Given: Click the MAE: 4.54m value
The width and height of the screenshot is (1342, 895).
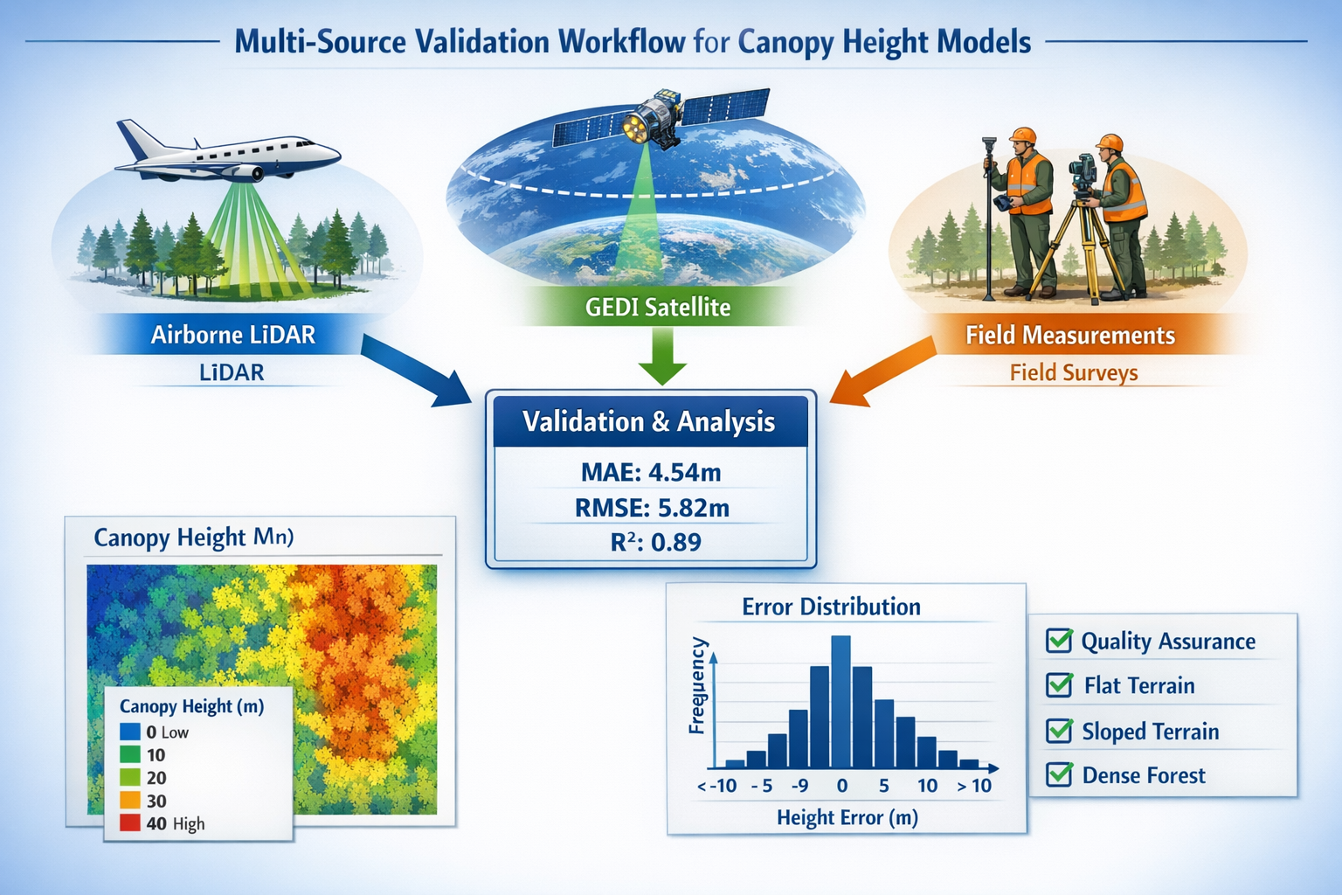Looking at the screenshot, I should (x=651, y=473).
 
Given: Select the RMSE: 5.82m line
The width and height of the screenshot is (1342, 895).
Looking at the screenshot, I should (x=651, y=508).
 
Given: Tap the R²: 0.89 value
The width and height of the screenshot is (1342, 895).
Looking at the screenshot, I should (x=655, y=542).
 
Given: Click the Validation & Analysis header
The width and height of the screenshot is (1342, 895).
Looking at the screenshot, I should (x=649, y=422).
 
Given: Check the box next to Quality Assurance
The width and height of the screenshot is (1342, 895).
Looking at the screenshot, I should (x=1059, y=641).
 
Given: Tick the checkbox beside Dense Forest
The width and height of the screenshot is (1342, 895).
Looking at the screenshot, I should (x=1059, y=774).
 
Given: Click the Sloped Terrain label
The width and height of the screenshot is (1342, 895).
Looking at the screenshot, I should (x=1150, y=732).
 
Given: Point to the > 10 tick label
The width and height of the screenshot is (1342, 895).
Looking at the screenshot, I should (x=974, y=786).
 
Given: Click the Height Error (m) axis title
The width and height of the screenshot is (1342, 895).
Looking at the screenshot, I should (x=847, y=818).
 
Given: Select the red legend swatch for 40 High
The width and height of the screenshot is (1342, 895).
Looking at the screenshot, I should (x=130, y=822).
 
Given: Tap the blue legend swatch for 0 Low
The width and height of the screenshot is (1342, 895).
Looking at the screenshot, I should (x=130, y=732).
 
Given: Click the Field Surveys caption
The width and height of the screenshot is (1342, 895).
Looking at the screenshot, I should (x=1073, y=373).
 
